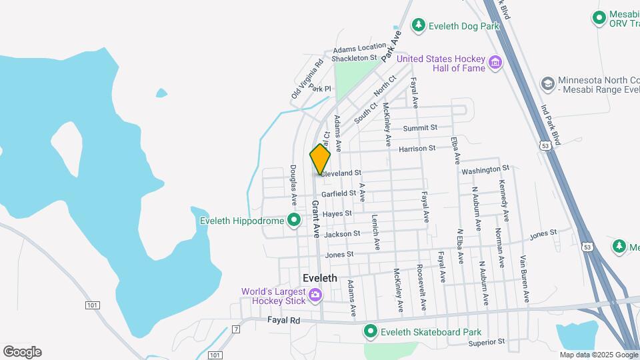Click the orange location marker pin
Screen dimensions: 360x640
pyautogui.click(x=320, y=160)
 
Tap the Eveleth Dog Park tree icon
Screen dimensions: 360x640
pyautogui.click(x=418, y=25)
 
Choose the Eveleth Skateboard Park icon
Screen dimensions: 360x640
pyautogui.click(x=371, y=331)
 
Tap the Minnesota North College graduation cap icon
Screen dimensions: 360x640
pyautogui.click(x=547, y=83)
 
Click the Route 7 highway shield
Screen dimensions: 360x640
pyautogui.click(x=236, y=329)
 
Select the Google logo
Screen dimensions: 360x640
pyautogui.click(x=22, y=352)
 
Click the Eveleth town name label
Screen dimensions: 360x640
pyautogui.click(x=319, y=278)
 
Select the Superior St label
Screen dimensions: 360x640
pyautogui.click(x=486, y=342)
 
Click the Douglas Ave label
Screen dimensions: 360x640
pyautogui.click(x=292, y=185)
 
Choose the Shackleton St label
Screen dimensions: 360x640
pyautogui.click(x=355, y=59)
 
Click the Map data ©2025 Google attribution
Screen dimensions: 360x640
pyautogui.click(x=599, y=355)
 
